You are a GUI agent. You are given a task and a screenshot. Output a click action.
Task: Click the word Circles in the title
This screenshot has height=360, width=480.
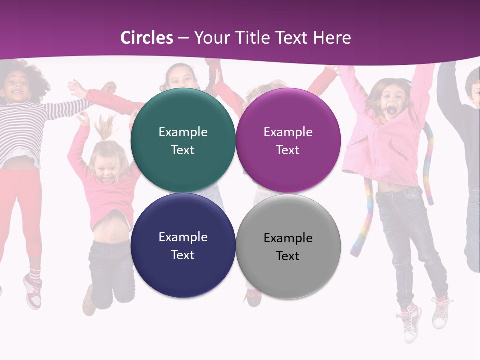[147, 38]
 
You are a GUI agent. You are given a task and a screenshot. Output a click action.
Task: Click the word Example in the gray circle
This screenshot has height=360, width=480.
[288, 238]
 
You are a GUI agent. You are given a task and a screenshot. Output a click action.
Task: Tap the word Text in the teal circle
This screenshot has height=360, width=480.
[183, 150]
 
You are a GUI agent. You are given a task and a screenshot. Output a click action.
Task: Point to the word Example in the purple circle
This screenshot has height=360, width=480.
[288, 132]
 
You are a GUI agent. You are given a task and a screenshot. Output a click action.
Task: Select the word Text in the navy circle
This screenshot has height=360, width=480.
[183, 255]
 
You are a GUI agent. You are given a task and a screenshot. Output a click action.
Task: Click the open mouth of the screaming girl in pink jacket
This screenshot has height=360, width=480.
[388, 109]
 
